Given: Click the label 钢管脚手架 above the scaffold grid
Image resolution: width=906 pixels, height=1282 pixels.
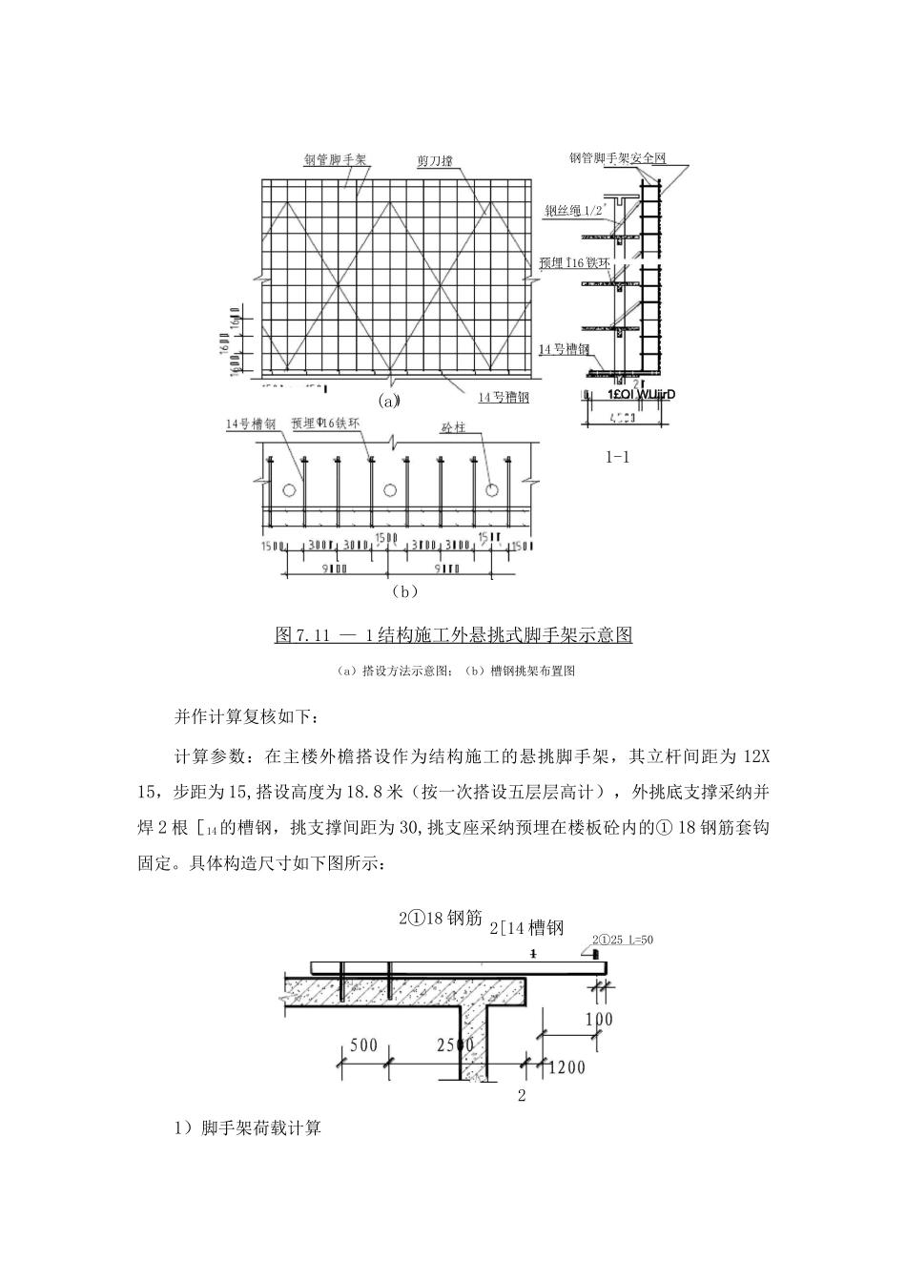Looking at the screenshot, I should (x=336, y=159).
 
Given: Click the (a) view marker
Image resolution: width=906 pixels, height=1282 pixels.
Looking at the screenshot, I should (x=388, y=401).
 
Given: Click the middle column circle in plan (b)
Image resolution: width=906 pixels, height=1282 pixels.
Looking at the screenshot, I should (x=389, y=489).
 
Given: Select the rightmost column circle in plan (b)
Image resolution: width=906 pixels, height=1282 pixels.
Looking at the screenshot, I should (x=492, y=489).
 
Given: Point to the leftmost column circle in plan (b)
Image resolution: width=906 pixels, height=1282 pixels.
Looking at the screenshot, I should (x=287, y=489).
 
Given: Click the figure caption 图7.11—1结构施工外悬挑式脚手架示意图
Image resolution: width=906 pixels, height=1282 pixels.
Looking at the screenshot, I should (x=453, y=635).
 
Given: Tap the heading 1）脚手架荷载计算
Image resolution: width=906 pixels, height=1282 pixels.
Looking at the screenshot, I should (x=248, y=1128).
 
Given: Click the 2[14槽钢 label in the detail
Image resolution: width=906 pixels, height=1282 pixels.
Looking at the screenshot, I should (x=526, y=927).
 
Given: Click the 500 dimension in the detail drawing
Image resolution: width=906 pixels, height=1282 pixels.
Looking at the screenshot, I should (x=363, y=1044).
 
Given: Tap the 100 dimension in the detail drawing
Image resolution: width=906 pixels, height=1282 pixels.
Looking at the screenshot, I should (x=599, y=1019).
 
